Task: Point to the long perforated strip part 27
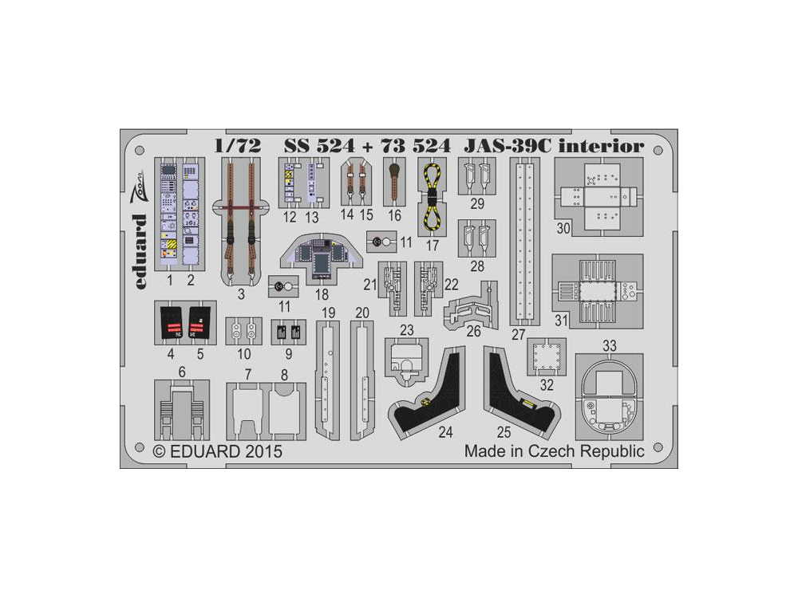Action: click(523, 239)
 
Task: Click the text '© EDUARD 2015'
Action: click(216, 452)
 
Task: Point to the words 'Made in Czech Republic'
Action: click(554, 451)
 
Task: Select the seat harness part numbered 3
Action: click(240, 215)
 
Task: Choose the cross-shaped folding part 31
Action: click(598, 292)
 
